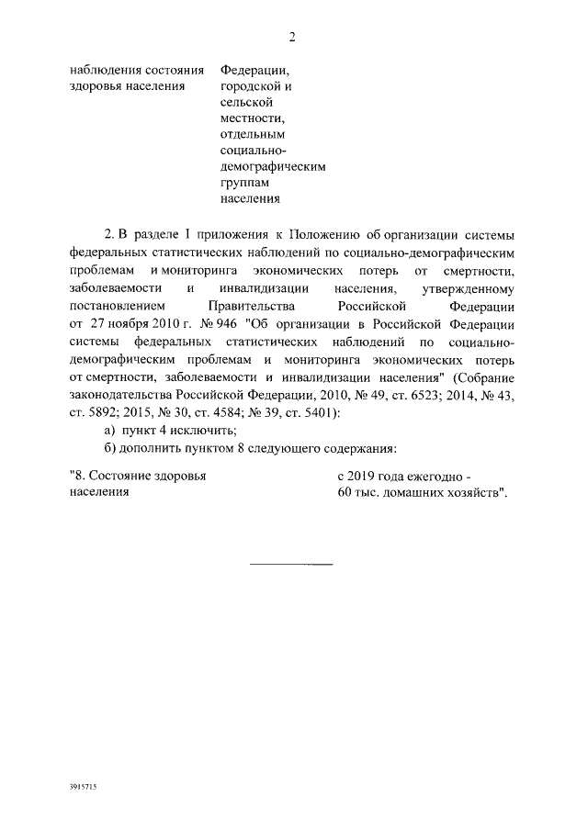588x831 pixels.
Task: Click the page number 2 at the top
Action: coord(292,37)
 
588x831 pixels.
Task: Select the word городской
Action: coord(246,86)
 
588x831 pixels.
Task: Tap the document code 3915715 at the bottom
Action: coord(84,788)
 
